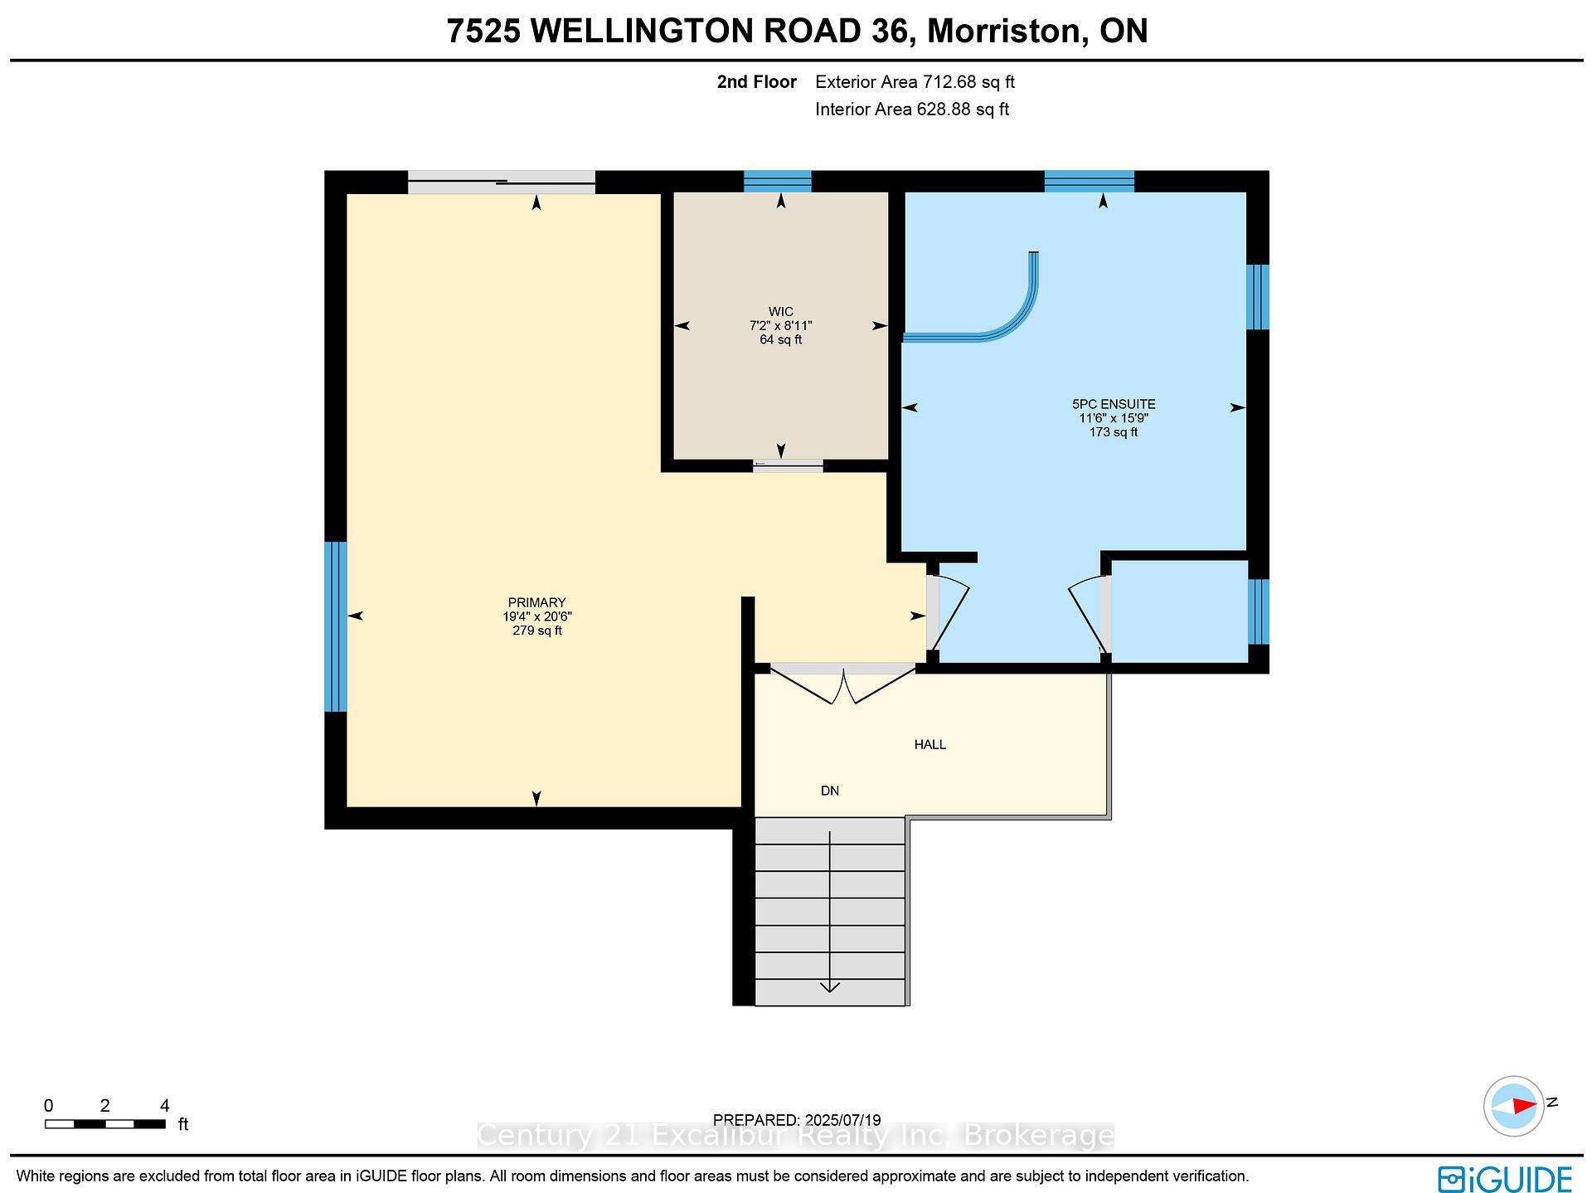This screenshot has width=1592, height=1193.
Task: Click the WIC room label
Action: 780,312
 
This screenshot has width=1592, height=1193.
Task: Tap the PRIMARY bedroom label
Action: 536,602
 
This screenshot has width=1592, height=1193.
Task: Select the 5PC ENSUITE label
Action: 1113,404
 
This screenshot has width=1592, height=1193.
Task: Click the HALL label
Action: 929,744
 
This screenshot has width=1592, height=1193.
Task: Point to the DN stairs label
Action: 829,791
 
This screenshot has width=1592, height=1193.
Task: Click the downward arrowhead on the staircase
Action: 829,986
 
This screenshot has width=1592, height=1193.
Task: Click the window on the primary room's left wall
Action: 335,626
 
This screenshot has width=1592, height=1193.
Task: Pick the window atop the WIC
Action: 777,181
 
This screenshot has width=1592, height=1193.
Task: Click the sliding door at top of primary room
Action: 501,182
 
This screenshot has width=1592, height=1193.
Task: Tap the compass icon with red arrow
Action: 1513,1106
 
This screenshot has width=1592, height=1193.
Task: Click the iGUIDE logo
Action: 1504,1178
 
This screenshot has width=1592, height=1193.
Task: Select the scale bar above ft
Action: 105,1124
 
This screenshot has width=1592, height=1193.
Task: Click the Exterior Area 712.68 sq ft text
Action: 915,82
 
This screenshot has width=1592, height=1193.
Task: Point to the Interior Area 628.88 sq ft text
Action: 911,110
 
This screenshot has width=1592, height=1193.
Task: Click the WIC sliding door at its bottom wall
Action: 788,466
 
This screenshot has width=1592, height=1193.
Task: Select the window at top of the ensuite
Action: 1089,181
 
